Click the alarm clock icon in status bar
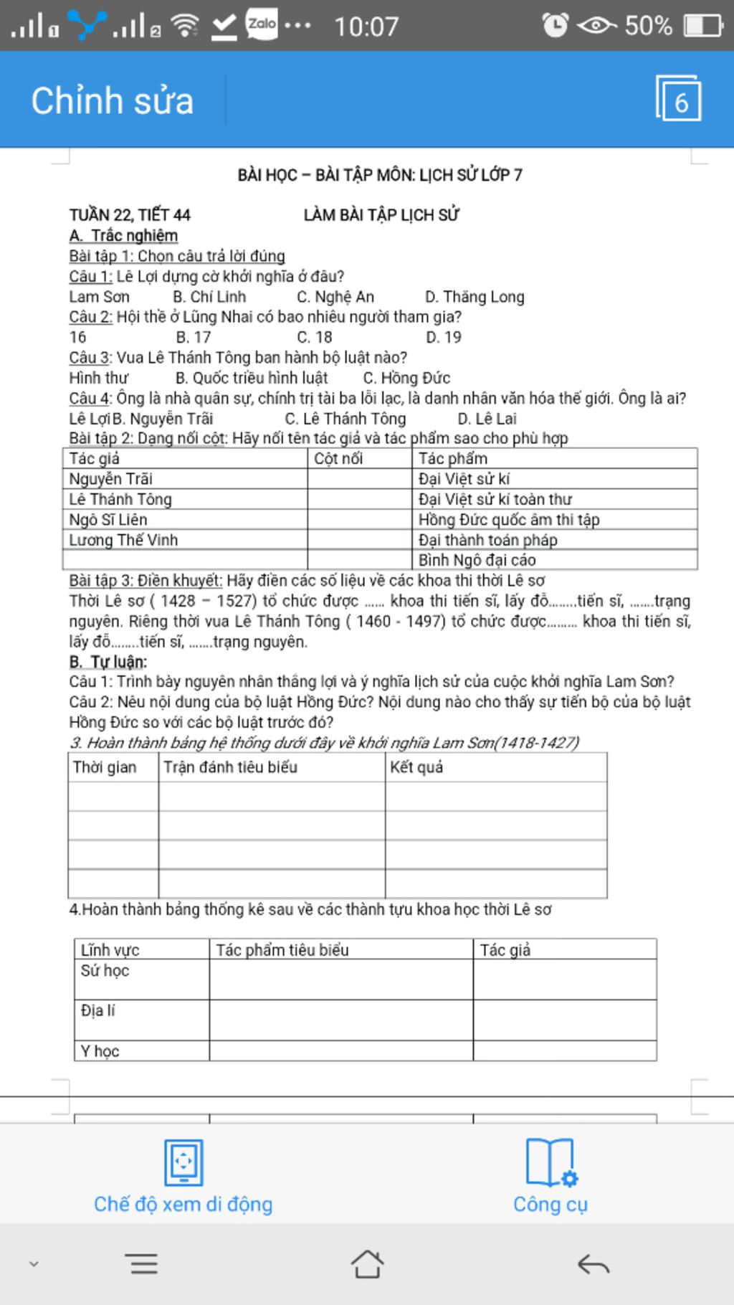click(x=555, y=25)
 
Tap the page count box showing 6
click(x=678, y=99)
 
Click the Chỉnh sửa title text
click(x=113, y=100)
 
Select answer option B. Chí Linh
click(x=209, y=297)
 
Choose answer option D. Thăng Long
click(x=475, y=297)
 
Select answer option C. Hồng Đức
click(x=406, y=378)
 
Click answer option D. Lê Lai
click(x=487, y=419)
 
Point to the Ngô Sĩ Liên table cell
click(x=108, y=519)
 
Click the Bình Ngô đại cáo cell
click(x=477, y=560)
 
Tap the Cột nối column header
click(x=338, y=458)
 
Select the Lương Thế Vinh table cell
click(x=123, y=540)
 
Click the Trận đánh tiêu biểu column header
click(x=230, y=767)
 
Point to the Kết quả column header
click(x=416, y=767)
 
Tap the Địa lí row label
click(x=97, y=1011)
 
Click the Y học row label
click(x=100, y=1051)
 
